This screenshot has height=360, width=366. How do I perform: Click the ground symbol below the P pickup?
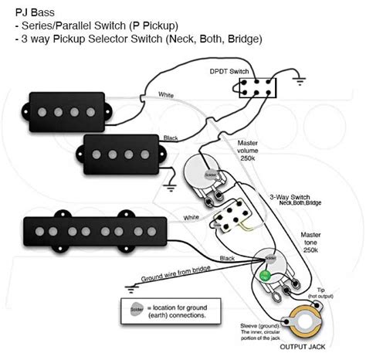pos(167,185)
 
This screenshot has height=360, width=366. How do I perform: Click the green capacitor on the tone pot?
pos(264,274)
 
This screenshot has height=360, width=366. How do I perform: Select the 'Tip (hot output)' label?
pos(320,294)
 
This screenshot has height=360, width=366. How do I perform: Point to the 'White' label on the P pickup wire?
pos(166,96)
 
